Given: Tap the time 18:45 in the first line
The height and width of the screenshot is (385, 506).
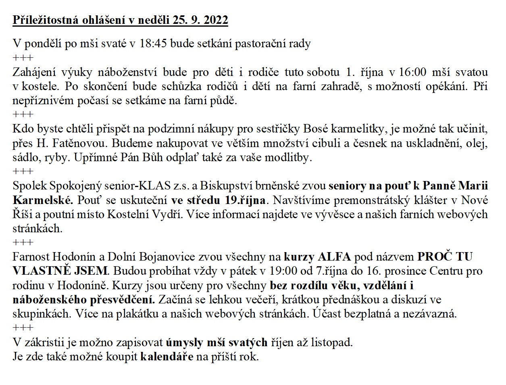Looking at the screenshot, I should click(153, 44).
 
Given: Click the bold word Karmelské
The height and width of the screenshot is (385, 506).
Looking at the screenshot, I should click(44, 200).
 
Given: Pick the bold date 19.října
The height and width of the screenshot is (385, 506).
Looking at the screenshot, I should click(243, 200).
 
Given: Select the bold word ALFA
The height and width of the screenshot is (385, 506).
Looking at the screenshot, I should click(334, 257).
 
